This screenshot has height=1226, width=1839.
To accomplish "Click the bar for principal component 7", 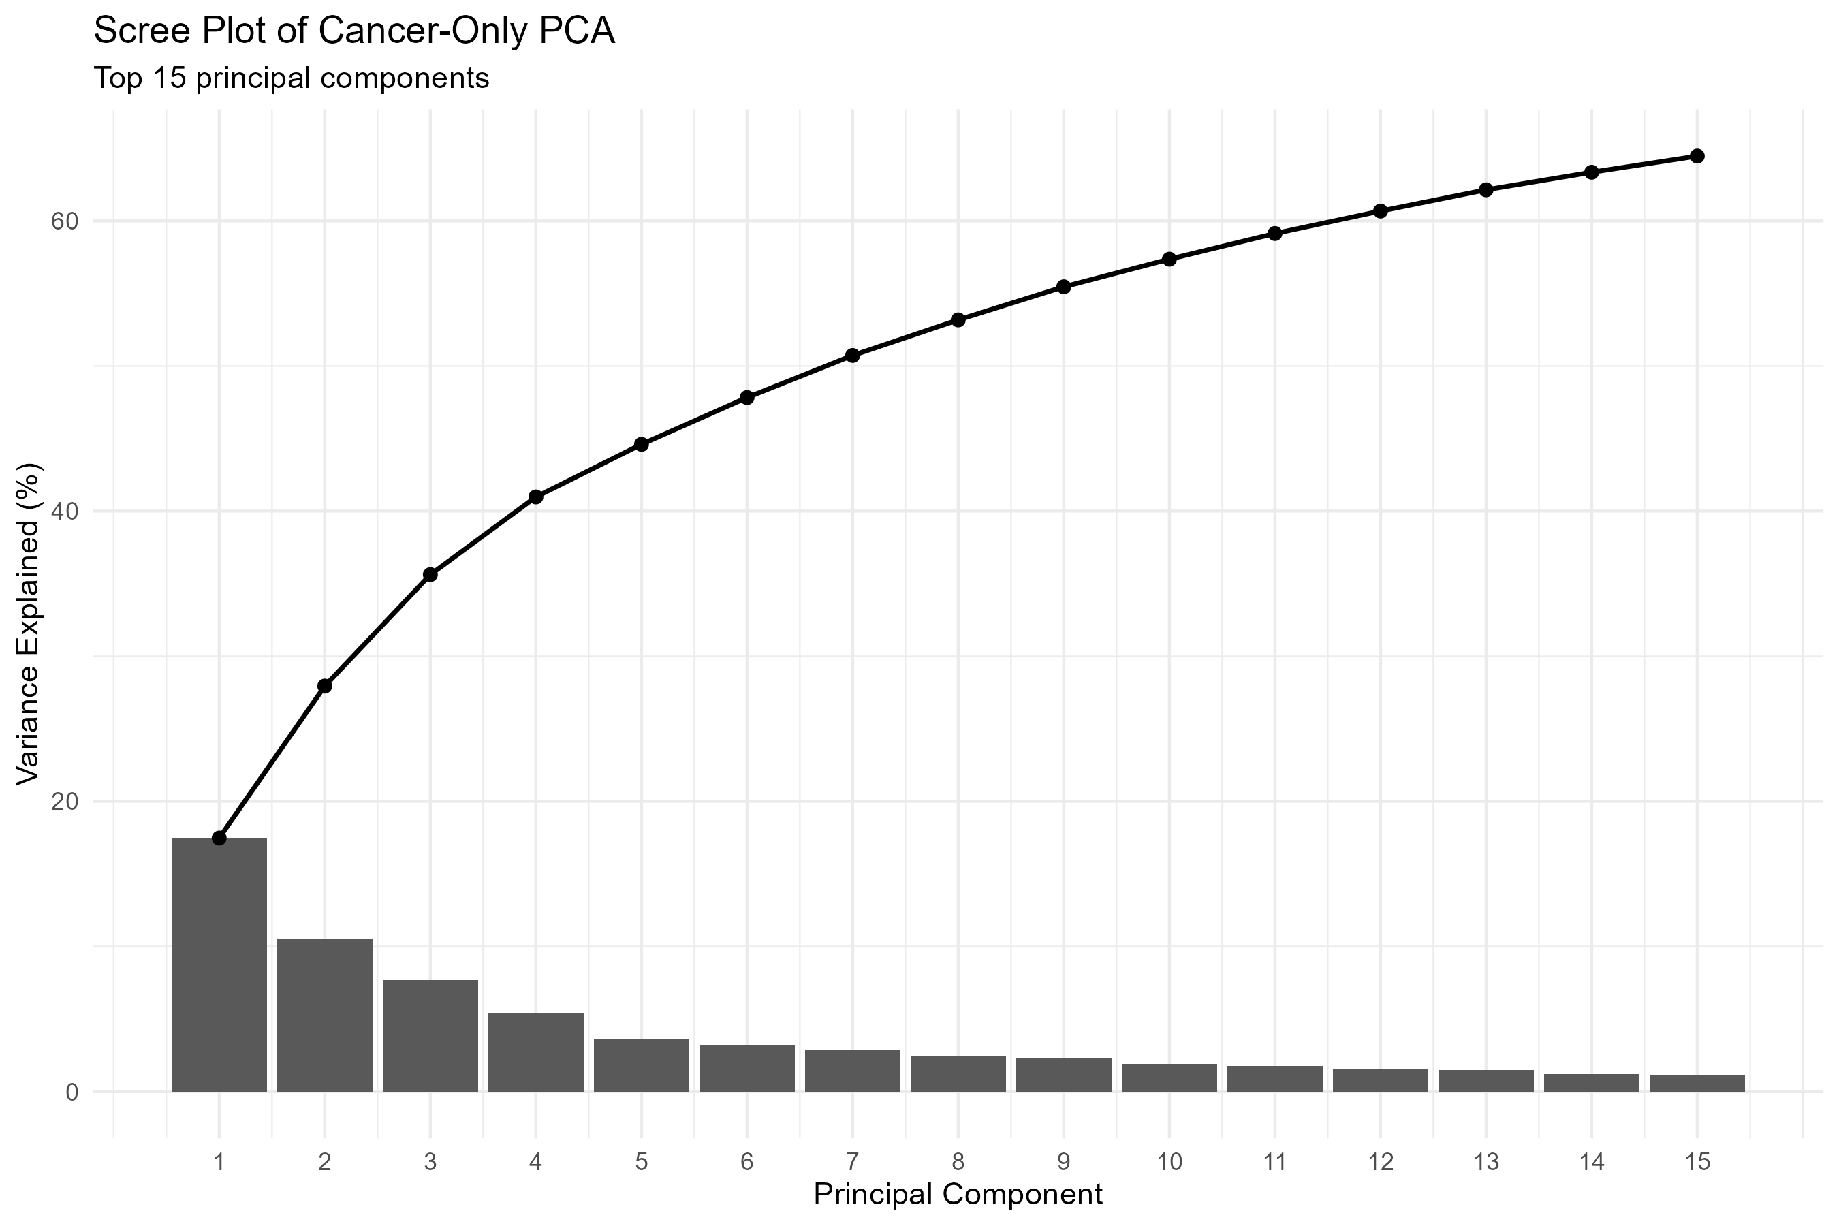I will pos(852,1071).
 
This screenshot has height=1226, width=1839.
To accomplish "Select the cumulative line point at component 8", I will pos(958,320).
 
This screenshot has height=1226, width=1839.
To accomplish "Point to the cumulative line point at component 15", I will pos(1697,157).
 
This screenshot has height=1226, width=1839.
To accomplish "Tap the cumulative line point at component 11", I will pos(1274,234).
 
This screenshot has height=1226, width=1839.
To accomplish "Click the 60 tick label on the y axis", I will pos(65,221).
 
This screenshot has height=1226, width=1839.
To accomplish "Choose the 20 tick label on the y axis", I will pos(65,802).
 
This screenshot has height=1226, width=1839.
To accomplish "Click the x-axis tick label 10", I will pos(1169,1163).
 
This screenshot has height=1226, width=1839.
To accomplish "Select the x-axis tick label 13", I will pos(1486,1163).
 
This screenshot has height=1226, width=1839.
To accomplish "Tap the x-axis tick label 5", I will pos(641,1163).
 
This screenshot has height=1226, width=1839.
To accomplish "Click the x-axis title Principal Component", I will pos(958,1195).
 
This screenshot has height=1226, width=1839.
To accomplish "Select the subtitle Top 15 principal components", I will pos(291,78).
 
